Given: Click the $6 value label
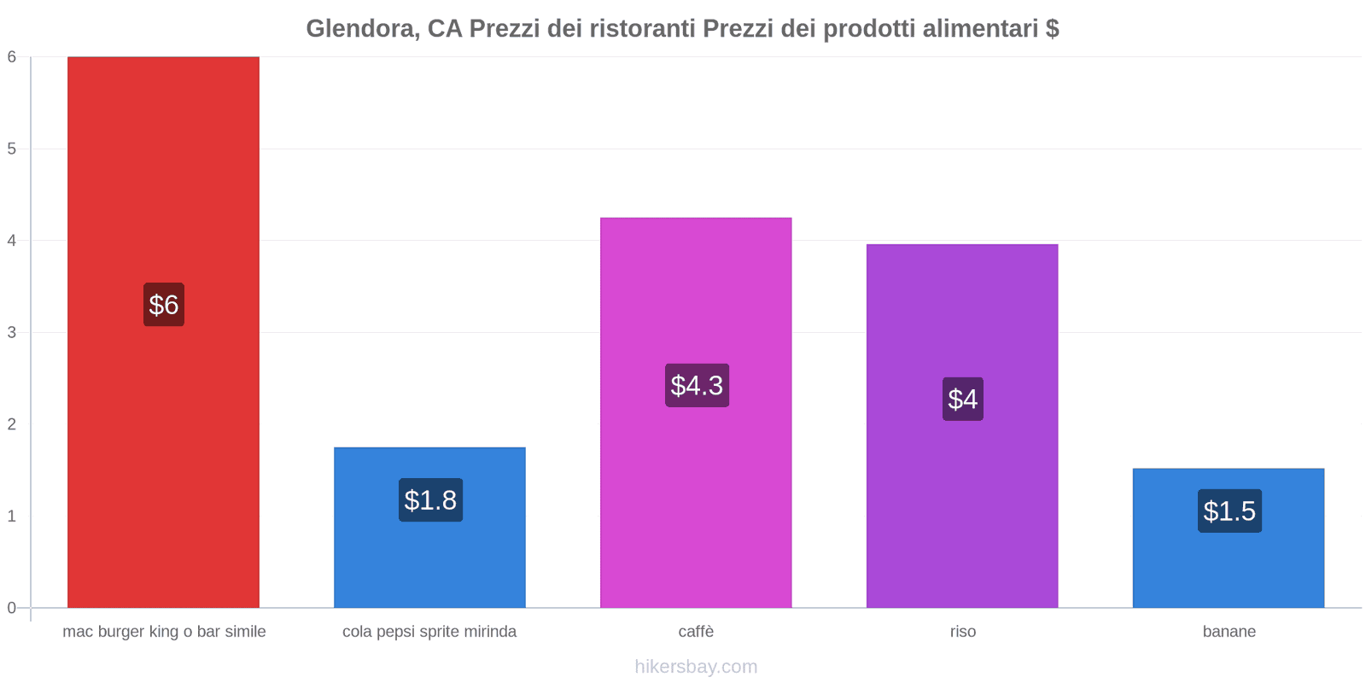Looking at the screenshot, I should (x=163, y=305).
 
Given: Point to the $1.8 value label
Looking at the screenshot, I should (x=430, y=500).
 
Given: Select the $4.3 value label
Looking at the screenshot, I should (x=697, y=386).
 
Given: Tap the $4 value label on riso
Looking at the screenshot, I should (x=963, y=399).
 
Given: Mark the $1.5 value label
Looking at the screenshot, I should (x=1229, y=511).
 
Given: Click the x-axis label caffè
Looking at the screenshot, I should (x=696, y=632).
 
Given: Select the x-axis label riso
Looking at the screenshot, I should (x=963, y=632).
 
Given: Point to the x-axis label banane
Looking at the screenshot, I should (x=1229, y=632).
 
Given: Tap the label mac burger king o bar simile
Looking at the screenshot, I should (x=164, y=632).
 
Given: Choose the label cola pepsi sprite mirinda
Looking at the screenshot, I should (x=429, y=632).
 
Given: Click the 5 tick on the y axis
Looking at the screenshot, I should (x=12, y=149).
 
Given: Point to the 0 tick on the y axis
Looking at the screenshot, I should (x=12, y=608).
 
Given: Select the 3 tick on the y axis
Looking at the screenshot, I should (x=12, y=332).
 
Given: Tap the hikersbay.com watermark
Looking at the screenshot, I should (x=696, y=667).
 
